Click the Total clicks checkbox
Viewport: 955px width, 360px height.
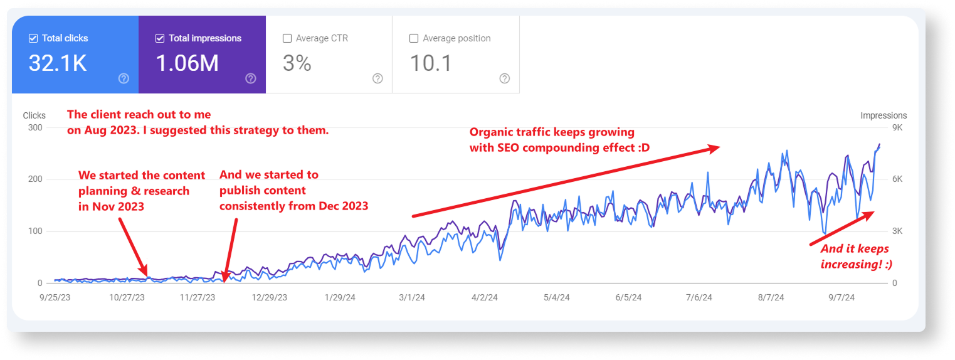click(x=33, y=38)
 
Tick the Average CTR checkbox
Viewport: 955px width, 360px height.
click(x=287, y=38)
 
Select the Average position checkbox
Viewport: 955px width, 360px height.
click(x=414, y=38)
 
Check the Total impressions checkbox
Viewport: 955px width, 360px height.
click(x=160, y=38)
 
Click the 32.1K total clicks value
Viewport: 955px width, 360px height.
click(x=58, y=63)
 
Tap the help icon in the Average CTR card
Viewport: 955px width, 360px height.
click(x=377, y=78)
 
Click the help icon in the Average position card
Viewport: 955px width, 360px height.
click(x=505, y=78)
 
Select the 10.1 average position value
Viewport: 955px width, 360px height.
click(x=431, y=63)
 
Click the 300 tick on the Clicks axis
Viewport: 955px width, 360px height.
click(x=34, y=127)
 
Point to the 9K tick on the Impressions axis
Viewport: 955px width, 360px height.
click(x=897, y=127)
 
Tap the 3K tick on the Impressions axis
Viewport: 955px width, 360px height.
click(x=897, y=231)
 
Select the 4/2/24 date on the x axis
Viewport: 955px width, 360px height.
click(x=485, y=298)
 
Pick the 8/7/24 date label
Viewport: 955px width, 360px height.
click(x=771, y=298)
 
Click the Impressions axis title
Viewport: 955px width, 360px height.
click(x=883, y=115)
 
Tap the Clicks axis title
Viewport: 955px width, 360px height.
click(x=34, y=115)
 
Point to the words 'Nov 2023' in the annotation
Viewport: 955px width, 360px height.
click(x=122, y=206)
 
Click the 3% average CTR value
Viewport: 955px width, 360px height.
click(x=297, y=63)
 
